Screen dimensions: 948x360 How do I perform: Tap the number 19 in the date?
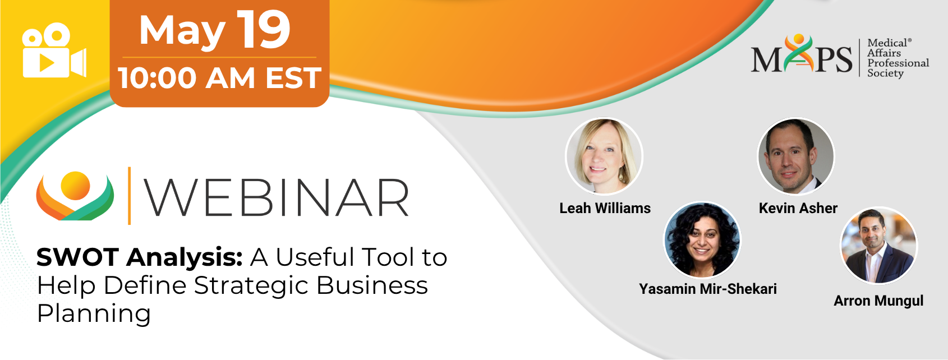click(263, 30)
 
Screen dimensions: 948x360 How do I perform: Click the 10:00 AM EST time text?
click(220, 78)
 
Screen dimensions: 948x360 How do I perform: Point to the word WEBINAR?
click(277, 197)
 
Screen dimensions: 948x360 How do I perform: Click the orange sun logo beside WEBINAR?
click(75, 196)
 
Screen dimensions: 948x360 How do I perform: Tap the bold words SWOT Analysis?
click(139, 257)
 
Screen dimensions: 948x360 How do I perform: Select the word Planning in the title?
click(94, 314)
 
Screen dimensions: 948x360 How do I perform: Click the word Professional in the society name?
click(898, 63)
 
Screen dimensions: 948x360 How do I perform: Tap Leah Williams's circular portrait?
click(604, 156)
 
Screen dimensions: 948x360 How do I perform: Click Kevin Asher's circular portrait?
click(795, 156)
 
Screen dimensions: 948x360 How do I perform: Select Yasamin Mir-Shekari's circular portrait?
click(702, 240)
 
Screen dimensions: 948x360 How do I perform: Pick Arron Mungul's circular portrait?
click(878, 246)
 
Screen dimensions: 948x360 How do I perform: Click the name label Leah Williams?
click(605, 208)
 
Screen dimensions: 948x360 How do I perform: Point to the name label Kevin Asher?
click(798, 208)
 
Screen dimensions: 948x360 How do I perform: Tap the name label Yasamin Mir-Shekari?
click(707, 289)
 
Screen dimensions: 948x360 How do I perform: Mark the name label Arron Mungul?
click(878, 301)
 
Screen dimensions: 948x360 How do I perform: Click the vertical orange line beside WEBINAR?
click(129, 196)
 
